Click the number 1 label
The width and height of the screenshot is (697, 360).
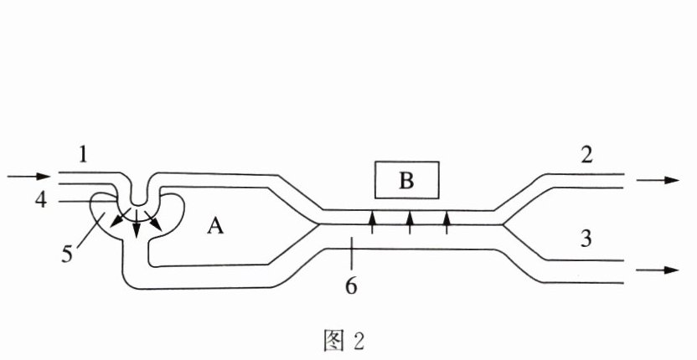(83, 153)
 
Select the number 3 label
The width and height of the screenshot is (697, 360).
(586, 239)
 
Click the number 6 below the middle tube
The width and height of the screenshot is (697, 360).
(352, 285)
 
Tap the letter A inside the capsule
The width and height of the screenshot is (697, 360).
(215, 226)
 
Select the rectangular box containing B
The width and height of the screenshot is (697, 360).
(406, 179)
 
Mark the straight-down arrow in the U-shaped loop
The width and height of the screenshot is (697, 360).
(136, 228)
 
